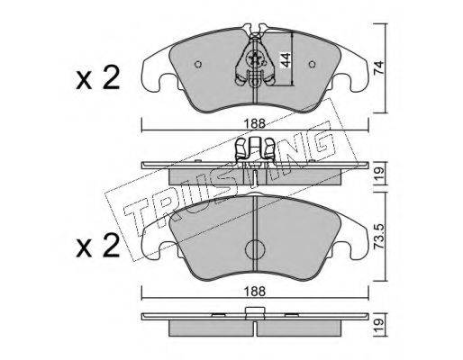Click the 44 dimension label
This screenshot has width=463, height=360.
click(285, 59)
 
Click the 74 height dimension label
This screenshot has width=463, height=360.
click(378, 67)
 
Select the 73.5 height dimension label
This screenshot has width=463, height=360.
click(378, 237)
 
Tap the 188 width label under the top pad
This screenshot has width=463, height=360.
click(255, 123)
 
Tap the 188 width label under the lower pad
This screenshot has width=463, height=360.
click(255, 291)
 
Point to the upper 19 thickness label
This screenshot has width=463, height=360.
click(378, 174)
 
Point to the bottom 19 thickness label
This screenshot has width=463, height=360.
click(378, 326)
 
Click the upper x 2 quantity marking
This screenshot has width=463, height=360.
click(98, 78)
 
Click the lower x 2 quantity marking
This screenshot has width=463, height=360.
click(98, 246)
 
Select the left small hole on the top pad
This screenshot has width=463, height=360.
click(198, 64)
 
